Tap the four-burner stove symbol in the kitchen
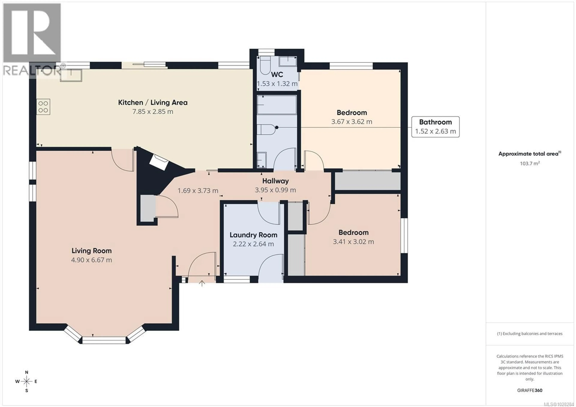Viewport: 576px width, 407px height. click(x=43, y=107)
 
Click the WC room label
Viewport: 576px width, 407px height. click(x=277, y=75)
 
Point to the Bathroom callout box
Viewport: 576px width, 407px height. click(x=435, y=127)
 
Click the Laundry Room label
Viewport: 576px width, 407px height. click(x=253, y=235)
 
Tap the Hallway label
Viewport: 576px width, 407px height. click(x=275, y=181)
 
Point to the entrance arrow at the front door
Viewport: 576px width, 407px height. click(x=202, y=284)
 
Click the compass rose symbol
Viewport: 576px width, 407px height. click(x=27, y=381)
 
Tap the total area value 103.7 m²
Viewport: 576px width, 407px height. click(x=530, y=163)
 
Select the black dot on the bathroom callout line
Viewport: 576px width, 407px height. click(x=277, y=127)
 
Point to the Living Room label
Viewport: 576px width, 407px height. click(x=91, y=251)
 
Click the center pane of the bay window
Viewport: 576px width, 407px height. click(x=104, y=340)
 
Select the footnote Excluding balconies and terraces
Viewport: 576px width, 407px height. click(x=530, y=334)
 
